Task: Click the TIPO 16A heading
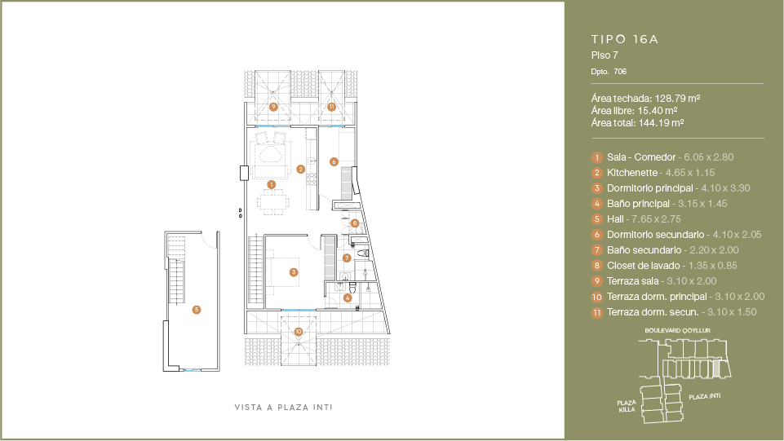click(624, 39)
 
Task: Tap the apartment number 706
click(620, 72)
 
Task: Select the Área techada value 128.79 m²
click(677, 99)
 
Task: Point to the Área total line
click(637, 123)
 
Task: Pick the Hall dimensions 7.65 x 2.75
click(656, 219)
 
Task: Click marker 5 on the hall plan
click(197, 310)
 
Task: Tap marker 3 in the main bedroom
click(294, 272)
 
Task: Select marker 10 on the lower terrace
click(299, 332)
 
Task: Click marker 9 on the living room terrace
click(273, 107)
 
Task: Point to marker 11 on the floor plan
click(331, 107)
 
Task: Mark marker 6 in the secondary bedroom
click(334, 162)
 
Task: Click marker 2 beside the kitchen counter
click(300, 170)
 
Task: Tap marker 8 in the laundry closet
click(355, 223)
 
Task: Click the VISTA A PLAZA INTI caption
click(284, 408)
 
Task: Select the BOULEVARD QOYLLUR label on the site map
click(677, 331)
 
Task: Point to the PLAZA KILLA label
click(627, 406)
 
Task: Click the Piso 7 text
click(605, 55)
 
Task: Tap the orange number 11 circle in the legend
click(597, 313)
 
